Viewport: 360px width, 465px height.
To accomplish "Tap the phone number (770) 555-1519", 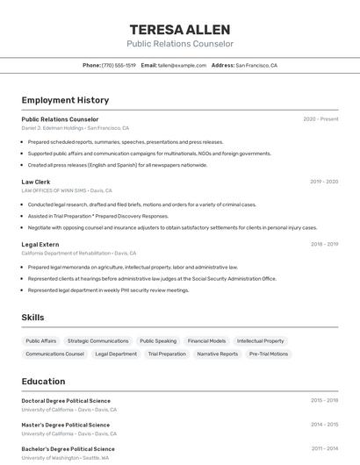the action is [119, 65].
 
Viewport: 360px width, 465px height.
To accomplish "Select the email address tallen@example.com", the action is [182, 65].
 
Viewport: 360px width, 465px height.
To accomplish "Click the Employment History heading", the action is [65, 101].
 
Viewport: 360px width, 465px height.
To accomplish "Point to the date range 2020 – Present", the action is [320, 119].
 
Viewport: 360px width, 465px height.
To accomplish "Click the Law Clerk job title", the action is [36, 182].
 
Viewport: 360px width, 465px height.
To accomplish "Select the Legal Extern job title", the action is [40, 245].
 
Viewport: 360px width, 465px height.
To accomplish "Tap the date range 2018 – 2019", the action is [324, 245].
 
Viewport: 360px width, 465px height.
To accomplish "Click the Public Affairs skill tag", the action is [41, 340].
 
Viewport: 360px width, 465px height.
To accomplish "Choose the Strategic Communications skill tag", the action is [97, 340].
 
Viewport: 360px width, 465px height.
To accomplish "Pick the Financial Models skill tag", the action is [206, 340].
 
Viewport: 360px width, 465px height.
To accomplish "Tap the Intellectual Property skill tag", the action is [261, 340].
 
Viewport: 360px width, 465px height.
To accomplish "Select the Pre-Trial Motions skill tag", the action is [269, 354].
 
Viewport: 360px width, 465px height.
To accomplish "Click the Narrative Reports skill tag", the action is [218, 354].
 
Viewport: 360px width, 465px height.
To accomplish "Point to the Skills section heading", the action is [33, 317].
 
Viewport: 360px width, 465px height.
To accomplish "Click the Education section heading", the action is [43, 382].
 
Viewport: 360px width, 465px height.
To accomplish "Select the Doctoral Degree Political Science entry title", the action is [66, 400].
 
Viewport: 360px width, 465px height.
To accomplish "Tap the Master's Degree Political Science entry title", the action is [66, 425].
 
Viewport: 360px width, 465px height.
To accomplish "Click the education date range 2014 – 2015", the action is [324, 425].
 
